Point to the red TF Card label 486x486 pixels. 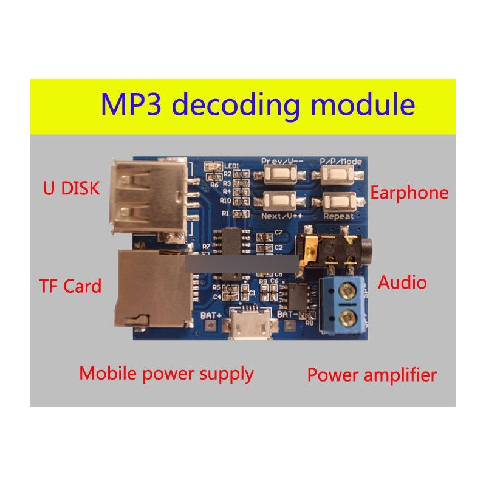tap(70, 285)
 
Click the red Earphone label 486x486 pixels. tap(409, 193)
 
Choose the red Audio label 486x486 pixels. tap(402, 282)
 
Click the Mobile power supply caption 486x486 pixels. tap(166, 373)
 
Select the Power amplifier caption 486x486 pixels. tap(372, 375)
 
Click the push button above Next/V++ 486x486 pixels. tap(280, 200)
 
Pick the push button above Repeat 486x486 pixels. tap(342, 201)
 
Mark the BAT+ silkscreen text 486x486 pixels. tap(210, 316)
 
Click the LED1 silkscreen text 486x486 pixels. tap(232, 166)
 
